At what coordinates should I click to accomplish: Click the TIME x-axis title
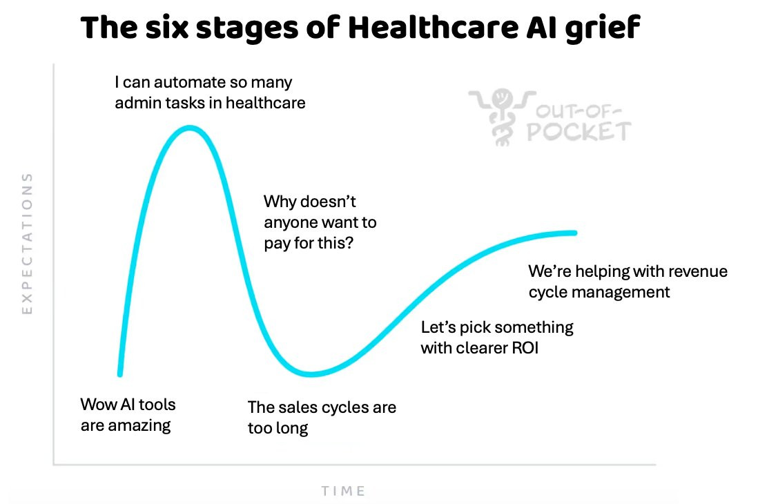343,491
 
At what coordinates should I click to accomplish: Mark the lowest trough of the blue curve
311,375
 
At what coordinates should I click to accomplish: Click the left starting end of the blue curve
120,374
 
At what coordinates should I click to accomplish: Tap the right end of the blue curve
574,233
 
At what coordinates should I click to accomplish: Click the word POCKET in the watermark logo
579,131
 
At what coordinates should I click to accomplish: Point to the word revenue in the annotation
699,271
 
